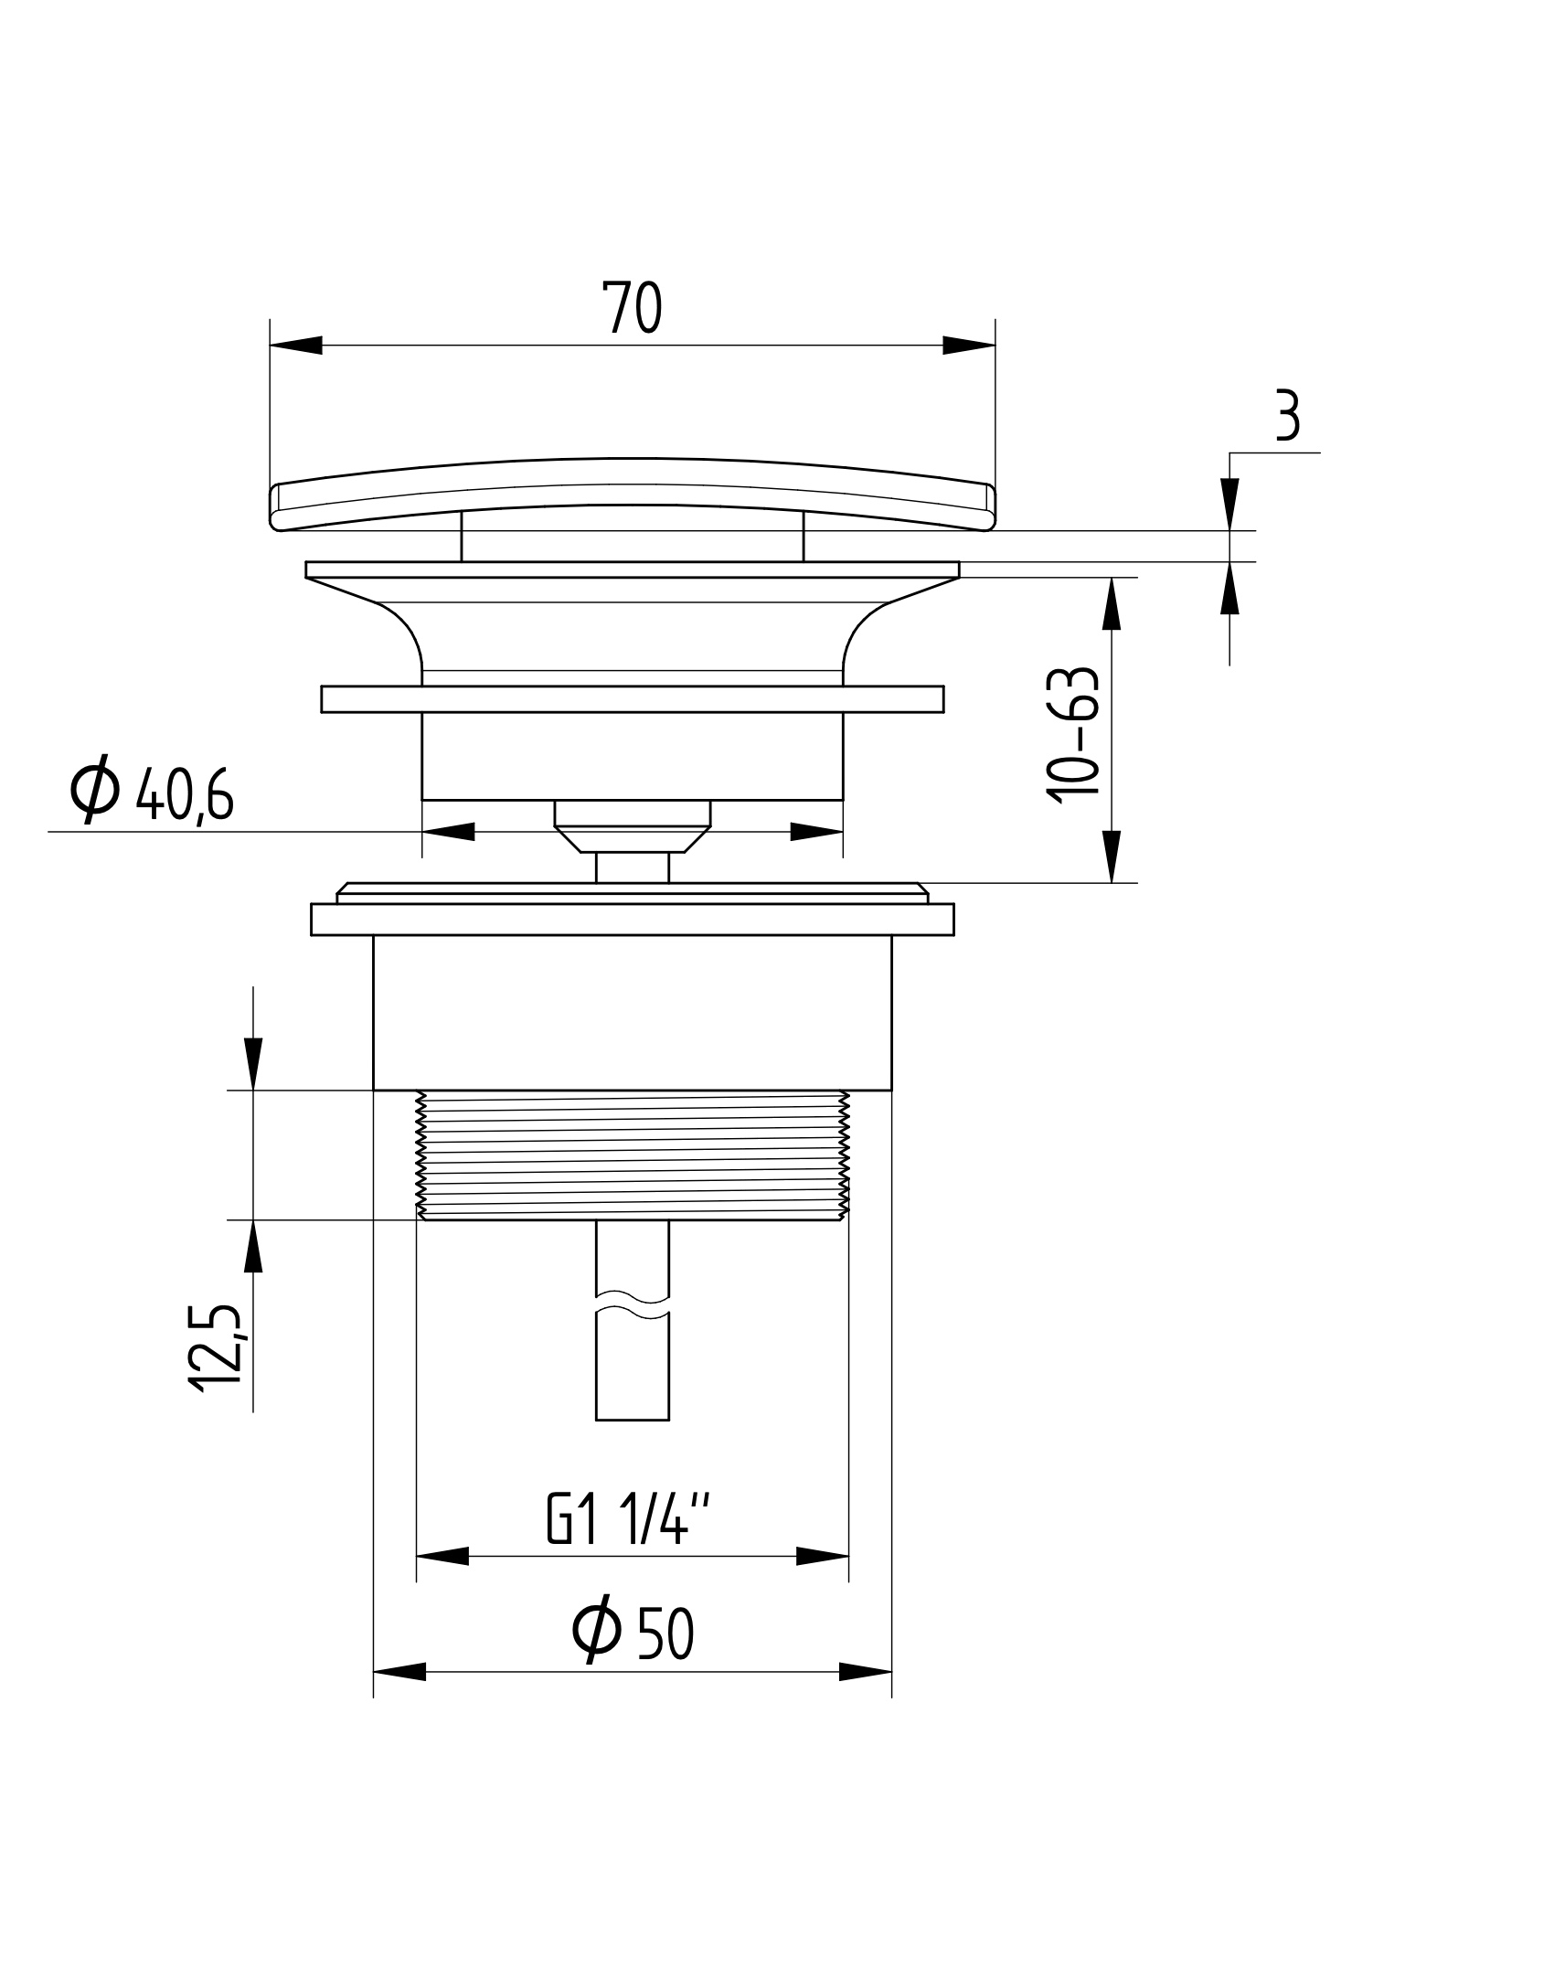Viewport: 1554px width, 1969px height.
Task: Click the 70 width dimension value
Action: [631, 308]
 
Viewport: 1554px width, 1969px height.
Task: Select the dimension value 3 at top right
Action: [1286, 416]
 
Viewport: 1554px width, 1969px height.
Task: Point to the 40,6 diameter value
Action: [185, 796]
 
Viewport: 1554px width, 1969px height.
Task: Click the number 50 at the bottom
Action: [666, 1635]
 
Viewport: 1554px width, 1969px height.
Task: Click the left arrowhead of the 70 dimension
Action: [297, 346]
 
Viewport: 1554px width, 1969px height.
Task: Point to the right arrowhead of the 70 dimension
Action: [968, 346]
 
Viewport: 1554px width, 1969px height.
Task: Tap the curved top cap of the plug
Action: [632, 494]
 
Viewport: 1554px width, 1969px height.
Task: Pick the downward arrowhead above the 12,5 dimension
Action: [253, 1064]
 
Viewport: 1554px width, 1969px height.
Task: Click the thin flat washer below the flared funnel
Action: [632, 699]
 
